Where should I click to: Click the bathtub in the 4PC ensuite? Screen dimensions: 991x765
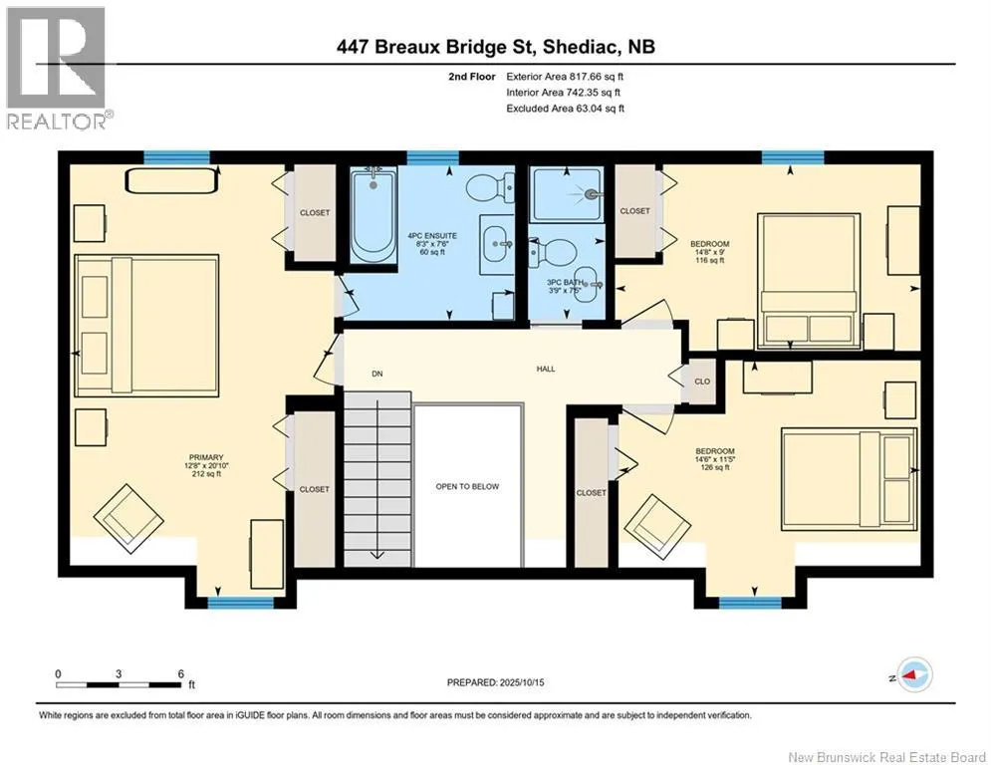click(373, 214)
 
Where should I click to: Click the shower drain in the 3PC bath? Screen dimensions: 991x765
click(593, 194)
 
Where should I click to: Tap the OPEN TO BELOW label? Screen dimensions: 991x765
click(467, 486)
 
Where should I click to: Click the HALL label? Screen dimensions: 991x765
click(546, 369)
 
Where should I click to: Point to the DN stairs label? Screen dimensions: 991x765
click(377, 374)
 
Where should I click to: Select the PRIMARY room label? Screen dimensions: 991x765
click(206, 457)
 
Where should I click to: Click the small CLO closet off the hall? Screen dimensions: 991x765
click(701, 382)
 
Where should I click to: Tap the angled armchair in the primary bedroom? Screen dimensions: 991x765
click(128, 518)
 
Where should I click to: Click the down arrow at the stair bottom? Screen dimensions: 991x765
click(377, 555)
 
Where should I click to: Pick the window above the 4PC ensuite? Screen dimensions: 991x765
click(433, 157)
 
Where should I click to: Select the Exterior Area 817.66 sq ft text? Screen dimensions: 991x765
click(565, 77)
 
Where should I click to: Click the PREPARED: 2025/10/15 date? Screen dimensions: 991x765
click(496, 682)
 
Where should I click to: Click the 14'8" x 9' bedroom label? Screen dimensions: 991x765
click(710, 252)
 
